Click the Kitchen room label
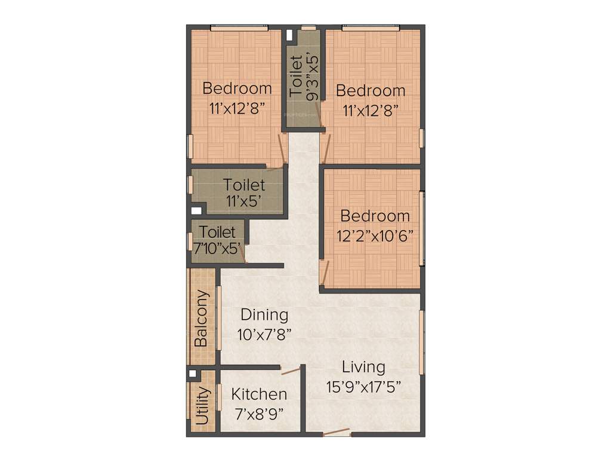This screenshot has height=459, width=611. click(x=259, y=394)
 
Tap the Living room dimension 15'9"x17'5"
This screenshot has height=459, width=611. click(x=363, y=387)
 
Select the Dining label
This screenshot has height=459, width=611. click(x=264, y=315)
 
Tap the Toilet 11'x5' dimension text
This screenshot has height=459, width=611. click(x=245, y=201)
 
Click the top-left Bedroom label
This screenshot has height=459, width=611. click(x=237, y=88)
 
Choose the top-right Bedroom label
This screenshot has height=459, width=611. click(x=371, y=91)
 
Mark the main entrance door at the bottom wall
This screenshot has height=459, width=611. click(x=337, y=433)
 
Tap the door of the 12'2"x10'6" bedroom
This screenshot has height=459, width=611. click(x=323, y=273)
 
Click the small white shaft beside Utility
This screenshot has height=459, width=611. click(x=192, y=374)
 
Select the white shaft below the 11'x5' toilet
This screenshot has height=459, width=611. click(x=195, y=210)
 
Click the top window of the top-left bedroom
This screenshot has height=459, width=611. click(x=239, y=27)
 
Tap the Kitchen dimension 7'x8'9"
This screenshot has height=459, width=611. click(x=259, y=412)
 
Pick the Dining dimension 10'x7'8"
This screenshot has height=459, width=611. click(x=264, y=335)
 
